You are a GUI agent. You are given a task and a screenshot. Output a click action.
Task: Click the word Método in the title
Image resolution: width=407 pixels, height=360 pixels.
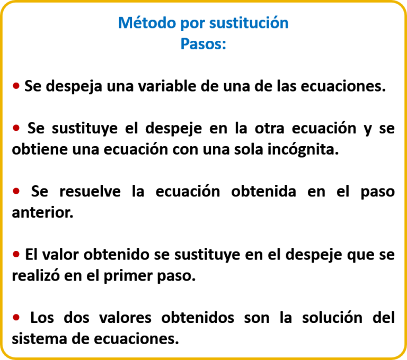pyautogui.click(x=147, y=23)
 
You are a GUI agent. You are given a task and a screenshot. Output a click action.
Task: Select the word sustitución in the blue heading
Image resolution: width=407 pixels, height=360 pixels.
pyautogui.click(x=249, y=23)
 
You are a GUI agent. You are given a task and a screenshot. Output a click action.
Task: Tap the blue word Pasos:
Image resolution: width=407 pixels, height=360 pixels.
pyautogui.click(x=203, y=44)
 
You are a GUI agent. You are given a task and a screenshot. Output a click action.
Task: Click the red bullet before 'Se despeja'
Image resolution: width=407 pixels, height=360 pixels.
pyautogui.click(x=16, y=86)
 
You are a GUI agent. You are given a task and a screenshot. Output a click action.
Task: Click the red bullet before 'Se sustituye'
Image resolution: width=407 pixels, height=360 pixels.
pyautogui.click(x=16, y=128)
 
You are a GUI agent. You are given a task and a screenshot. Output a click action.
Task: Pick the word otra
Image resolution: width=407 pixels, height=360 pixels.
pyautogui.click(x=269, y=128)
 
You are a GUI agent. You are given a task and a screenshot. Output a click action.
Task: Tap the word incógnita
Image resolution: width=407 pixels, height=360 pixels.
pyautogui.click(x=303, y=150)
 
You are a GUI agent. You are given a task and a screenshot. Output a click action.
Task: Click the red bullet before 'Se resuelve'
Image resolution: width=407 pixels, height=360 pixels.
pyautogui.click(x=16, y=191)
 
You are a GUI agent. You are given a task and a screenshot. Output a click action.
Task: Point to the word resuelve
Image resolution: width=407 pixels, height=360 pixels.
pyautogui.click(x=90, y=192)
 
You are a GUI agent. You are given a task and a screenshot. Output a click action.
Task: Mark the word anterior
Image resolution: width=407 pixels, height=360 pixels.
pyautogui.click(x=42, y=212)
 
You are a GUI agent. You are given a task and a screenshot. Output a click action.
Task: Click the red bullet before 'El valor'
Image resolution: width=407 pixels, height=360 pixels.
pyautogui.click(x=16, y=254)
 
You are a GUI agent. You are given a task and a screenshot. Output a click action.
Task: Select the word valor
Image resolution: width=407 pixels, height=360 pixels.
pyautogui.click(x=60, y=255)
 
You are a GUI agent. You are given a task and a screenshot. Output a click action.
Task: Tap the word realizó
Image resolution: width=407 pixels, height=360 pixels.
pyautogui.click(x=36, y=275)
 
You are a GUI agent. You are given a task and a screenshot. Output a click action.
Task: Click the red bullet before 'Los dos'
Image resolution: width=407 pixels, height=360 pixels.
pyautogui.click(x=16, y=317)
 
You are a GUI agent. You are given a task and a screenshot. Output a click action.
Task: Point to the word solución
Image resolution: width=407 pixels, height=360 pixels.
pyautogui.click(x=332, y=318)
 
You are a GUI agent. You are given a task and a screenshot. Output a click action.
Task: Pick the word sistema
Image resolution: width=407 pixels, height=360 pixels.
pyautogui.click(x=39, y=339)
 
